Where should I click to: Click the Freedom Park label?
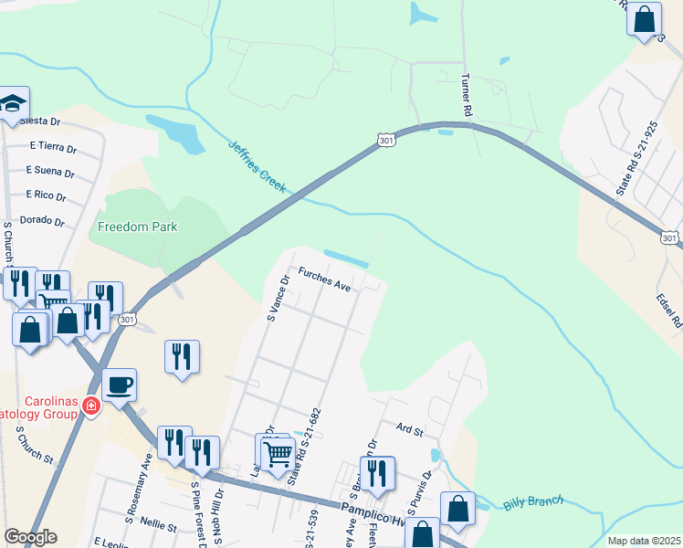(x=137, y=227)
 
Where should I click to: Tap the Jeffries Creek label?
(x=257, y=165)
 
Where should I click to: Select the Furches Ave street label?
(x=324, y=279)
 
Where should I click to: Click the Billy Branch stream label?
(x=533, y=503)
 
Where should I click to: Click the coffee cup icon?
(x=119, y=385)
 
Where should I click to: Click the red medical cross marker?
(x=90, y=406)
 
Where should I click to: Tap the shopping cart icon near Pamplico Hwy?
(x=278, y=451)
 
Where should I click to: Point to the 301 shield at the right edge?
(x=670, y=237)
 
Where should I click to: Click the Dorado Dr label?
(x=47, y=221)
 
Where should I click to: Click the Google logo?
(x=30, y=537)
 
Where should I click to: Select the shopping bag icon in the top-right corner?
(x=644, y=18)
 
